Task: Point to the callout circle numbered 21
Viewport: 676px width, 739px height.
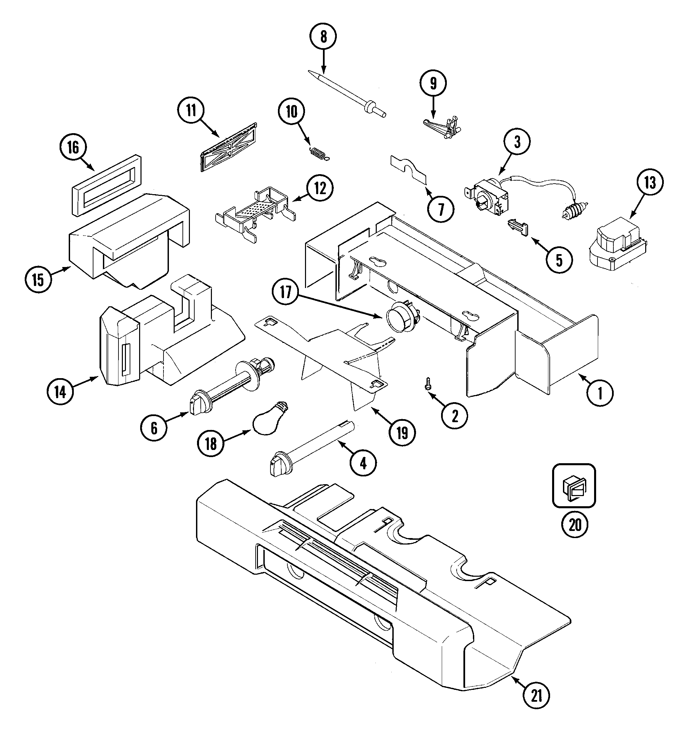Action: click(536, 696)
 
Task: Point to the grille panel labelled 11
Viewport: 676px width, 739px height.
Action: click(229, 148)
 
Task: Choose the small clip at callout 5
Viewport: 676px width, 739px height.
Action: click(518, 228)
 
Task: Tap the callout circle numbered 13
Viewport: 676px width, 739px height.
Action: click(650, 182)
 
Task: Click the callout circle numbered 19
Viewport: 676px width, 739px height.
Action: click(402, 433)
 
